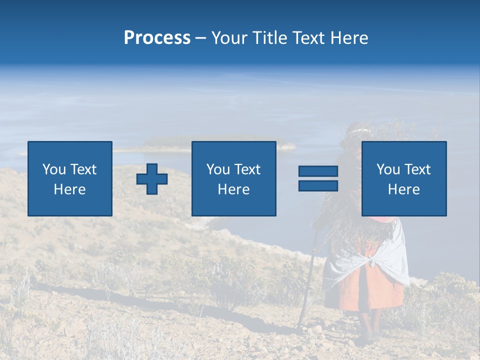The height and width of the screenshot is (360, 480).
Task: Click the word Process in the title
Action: [x=157, y=38]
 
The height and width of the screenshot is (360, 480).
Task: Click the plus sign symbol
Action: [x=152, y=179]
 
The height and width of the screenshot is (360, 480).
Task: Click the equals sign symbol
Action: [x=318, y=178]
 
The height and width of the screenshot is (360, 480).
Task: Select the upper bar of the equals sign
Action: [x=318, y=171]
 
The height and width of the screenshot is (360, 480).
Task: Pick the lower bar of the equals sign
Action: [x=318, y=185]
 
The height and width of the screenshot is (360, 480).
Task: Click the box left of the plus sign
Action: [x=70, y=178]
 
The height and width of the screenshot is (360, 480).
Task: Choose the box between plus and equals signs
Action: [x=233, y=178]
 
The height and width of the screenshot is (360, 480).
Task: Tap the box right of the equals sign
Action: [x=403, y=178]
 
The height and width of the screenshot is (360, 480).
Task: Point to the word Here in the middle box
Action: [x=233, y=189]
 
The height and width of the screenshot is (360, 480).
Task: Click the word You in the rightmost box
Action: [x=388, y=169]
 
